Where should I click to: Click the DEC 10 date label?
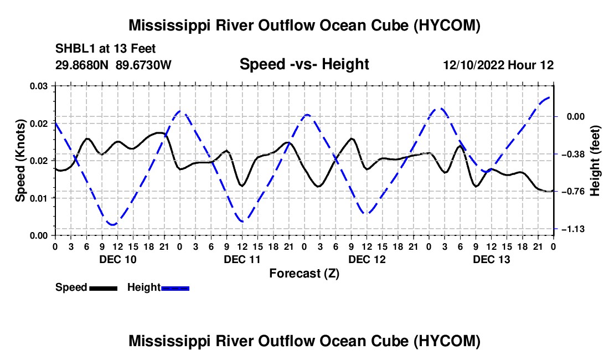coord(118,259)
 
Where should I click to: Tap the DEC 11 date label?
coord(242,259)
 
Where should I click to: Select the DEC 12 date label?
coord(367,259)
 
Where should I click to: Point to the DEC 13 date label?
coord(491,259)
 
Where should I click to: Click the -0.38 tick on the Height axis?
coord(573,154)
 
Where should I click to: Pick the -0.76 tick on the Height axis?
coord(573,191)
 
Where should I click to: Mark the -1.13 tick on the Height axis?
coord(573,229)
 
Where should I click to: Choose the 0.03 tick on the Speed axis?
coord(39,86)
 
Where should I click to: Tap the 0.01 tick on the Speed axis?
coord(39,198)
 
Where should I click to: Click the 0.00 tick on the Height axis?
coord(576,116)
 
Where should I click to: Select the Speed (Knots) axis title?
coord(20,161)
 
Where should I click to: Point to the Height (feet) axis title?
coord(595,161)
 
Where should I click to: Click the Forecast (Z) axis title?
coord(304,274)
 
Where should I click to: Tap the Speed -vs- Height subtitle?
coord(304,64)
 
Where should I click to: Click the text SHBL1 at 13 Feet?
coord(105,49)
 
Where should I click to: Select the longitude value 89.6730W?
coord(143,65)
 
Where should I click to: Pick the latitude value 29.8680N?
coord(82,65)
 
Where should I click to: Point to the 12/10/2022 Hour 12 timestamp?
coord(498,65)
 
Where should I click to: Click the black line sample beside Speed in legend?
coord(104,288)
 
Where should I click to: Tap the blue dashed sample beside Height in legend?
coord(175,288)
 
